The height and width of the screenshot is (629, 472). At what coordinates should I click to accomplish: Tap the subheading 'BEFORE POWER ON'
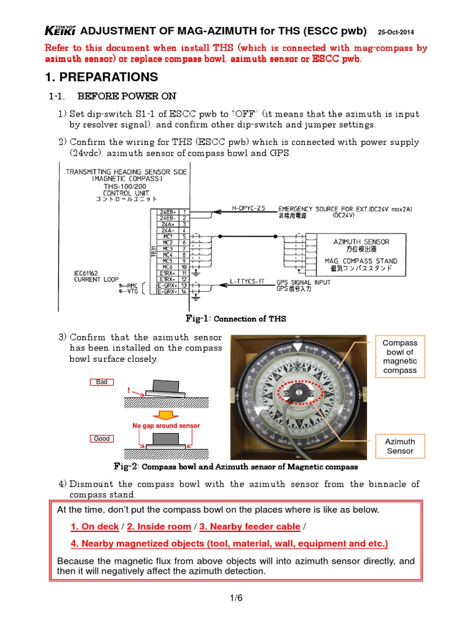coord(127,96)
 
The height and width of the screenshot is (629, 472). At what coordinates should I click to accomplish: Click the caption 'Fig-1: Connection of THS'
coord(235,319)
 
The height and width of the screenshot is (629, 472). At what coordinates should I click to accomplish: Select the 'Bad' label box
coord(102,382)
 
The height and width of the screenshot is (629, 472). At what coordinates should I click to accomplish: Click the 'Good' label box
coord(102,439)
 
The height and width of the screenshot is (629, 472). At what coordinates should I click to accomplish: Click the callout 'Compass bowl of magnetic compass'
coord(399,356)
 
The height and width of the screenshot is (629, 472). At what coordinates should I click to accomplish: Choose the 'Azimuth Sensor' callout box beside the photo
coord(399,446)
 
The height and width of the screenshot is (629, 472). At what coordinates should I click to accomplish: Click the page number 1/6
coord(235,600)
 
